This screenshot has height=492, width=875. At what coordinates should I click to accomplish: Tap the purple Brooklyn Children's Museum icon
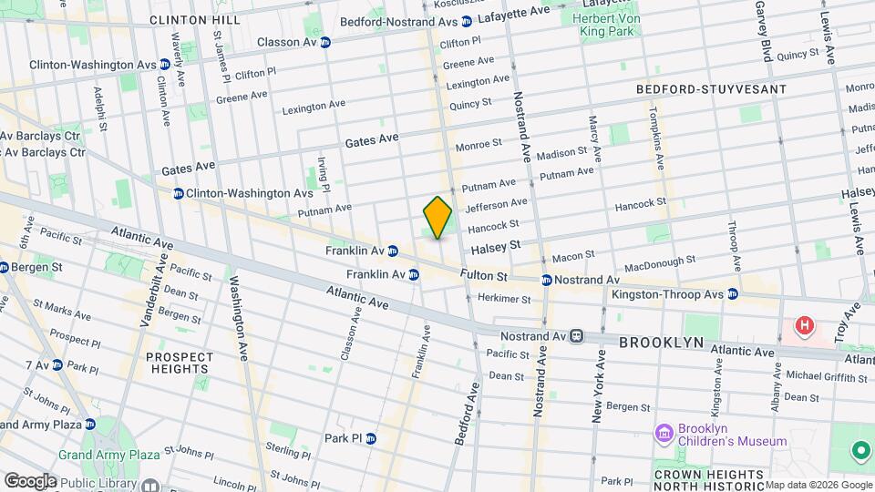click(x=664, y=431)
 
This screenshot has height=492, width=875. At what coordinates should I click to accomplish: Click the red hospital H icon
click(x=804, y=325)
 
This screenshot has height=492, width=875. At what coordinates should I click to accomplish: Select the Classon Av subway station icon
click(x=325, y=42)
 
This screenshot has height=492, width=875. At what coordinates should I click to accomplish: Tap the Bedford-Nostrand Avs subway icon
click(x=466, y=21)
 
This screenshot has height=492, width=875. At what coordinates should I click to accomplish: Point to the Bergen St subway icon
click(x=4, y=268)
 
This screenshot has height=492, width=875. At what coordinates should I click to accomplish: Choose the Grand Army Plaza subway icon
click(x=89, y=425)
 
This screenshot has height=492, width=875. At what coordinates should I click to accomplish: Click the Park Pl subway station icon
click(x=370, y=438)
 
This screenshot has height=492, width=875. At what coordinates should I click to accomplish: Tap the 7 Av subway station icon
click(x=57, y=365)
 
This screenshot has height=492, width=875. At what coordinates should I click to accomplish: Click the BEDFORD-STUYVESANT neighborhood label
click(x=711, y=89)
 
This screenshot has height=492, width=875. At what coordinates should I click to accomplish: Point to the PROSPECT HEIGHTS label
click(x=180, y=363)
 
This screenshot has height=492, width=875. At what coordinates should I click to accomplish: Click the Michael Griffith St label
click(x=826, y=375)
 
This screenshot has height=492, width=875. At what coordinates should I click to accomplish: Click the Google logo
click(x=30, y=480)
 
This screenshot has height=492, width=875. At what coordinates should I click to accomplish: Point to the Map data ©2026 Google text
click(x=818, y=485)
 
